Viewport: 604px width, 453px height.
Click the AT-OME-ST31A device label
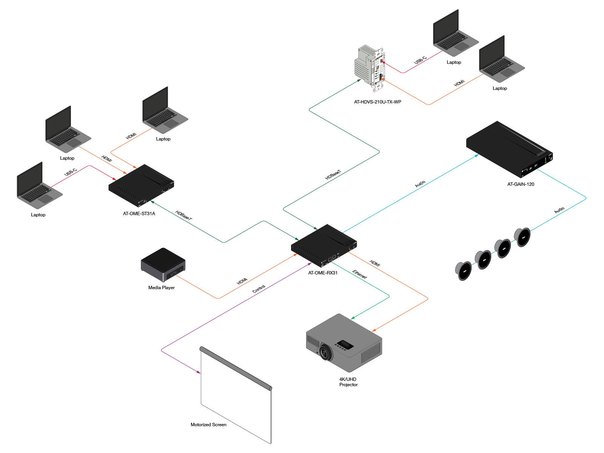[139, 213]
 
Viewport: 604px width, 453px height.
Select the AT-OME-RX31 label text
[322, 273]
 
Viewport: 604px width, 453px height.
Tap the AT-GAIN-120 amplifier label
[520, 184]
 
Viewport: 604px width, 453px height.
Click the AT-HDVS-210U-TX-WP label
[377, 102]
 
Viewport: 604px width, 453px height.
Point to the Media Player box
[163, 264]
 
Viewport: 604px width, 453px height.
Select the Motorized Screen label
[208, 424]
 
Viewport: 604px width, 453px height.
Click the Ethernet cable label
[359, 274]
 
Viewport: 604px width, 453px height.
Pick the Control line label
[259, 288]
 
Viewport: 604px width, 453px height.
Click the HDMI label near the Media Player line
[242, 281]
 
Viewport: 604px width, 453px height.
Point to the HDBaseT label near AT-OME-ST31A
[183, 215]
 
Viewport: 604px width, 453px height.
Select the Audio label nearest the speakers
[559, 210]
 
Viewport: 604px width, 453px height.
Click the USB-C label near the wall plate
[420, 60]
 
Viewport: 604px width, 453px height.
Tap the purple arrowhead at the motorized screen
[199, 372]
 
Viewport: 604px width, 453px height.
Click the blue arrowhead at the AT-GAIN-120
[477, 156]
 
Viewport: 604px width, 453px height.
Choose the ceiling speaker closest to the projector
[463, 271]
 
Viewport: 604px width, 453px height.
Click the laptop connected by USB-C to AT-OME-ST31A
[40, 185]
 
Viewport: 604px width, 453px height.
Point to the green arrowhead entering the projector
[353, 318]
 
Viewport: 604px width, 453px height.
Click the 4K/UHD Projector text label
[348, 382]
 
